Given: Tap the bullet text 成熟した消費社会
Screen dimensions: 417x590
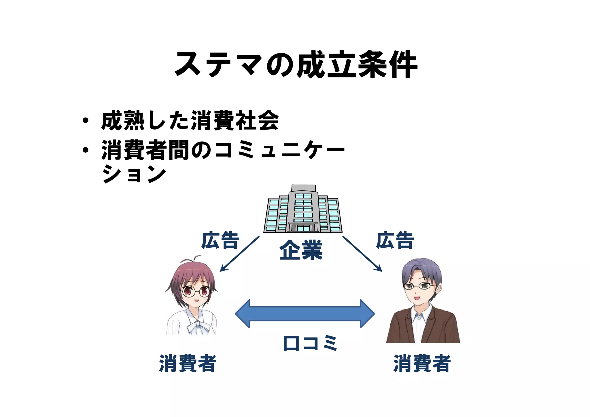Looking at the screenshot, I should pyautogui.click(x=190, y=121).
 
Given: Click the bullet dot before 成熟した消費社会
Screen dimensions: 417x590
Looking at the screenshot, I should pyautogui.click(x=85, y=121).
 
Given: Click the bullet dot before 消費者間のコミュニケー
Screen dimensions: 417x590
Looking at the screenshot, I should pyautogui.click(x=85, y=150).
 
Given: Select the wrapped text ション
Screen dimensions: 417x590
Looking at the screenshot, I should pyautogui.click(x=134, y=174).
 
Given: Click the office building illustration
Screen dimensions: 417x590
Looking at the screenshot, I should pyautogui.click(x=303, y=210).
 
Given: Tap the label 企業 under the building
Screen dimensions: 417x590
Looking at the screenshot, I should pyautogui.click(x=301, y=250).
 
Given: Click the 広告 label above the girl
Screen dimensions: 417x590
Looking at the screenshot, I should pyautogui.click(x=220, y=240).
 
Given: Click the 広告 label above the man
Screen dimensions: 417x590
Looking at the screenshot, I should pyautogui.click(x=395, y=240).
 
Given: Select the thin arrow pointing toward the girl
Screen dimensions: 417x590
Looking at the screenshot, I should pyautogui.click(x=240, y=254).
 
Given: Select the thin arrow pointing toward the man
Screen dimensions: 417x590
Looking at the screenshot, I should pyautogui.click(x=362, y=254).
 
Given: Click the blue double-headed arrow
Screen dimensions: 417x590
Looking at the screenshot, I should pyautogui.click(x=305, y=314).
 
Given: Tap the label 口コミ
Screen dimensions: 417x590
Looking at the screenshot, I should pyautogui.click(x=310, y=343).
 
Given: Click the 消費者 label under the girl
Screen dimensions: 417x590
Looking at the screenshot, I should pyautogui.click(x=188, y=363).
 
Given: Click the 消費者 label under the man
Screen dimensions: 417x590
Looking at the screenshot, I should pyautogui.click(x=422, y=363).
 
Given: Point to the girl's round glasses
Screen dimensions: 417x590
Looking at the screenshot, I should pyautogui.click(x=195, y=291).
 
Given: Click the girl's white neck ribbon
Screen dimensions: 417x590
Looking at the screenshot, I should pyautogui.click(x=198, y=327).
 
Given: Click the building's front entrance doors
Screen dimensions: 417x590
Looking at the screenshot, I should pyautogui.click(x=303, y=228).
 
